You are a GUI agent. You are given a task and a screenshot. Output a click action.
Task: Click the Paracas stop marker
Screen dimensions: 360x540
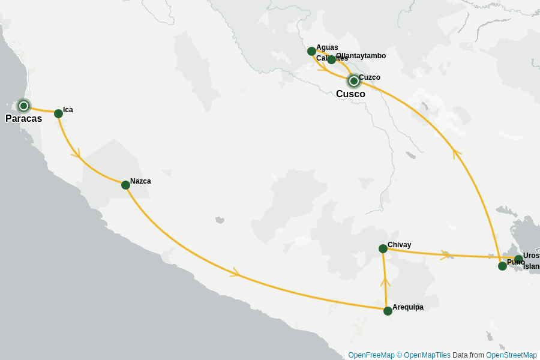pyautogui.click(x=23, y=106)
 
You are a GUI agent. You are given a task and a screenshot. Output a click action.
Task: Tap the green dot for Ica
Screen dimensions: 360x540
pyautogui.click(x=58, y=113)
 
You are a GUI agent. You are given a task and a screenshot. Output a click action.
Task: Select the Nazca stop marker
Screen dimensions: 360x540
pyautogui.click(x=125, y=185)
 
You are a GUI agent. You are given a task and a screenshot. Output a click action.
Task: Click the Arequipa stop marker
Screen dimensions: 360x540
pyautogui.click(x=388, y=311)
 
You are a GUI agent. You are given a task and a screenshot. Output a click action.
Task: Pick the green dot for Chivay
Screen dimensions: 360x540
pyautogui.click(x=383, y=248)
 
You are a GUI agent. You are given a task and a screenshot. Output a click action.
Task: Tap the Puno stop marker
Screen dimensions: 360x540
pyautogui.click(x=502, y=266)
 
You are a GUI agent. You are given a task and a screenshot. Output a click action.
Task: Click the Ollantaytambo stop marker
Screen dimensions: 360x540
pyautogui.click(x=331, y=59)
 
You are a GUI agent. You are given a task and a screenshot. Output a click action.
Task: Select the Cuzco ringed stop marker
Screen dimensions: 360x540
pyautogui.click(x=354, y=80)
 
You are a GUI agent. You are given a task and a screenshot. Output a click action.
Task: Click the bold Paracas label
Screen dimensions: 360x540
pyautogui.click(x=24, y=119)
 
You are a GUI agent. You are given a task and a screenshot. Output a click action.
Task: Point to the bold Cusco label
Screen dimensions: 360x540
pyautogui.click(x=350, y=94)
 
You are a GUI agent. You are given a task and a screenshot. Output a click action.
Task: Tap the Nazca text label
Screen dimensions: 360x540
pyautogui.click(x=140, y=181)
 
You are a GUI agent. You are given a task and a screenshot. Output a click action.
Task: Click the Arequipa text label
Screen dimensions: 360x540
pyautogui.click(x=408, y=307)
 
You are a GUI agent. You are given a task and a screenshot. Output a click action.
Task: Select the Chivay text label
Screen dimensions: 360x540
pyautogui.click(x=400, y=245)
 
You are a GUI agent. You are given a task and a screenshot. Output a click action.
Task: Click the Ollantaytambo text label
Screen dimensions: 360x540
pyautogui.click(x=361, y=56)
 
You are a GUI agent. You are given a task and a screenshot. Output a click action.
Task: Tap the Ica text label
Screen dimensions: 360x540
pyautogui.click(x=68, y=110)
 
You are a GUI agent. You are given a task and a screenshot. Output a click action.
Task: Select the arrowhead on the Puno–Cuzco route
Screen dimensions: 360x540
pyautogui.click(x=457, y=152)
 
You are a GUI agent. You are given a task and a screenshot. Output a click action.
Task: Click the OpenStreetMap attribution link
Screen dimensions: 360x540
pyautogui.click(x=511, y=355)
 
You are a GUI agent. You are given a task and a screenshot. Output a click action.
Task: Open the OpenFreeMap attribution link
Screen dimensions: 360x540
pyautogui.click(x=371, y=355)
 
